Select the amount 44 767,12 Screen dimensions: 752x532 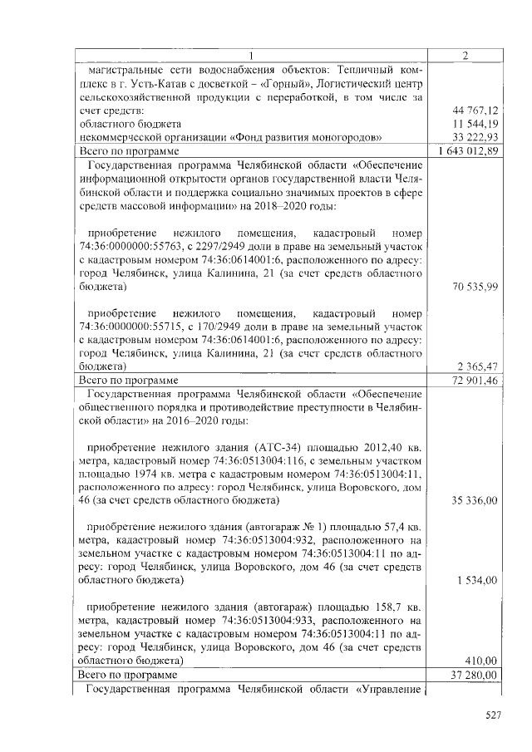click(x=475, y=111)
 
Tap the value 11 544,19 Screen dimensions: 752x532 click(x=475, y=123)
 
